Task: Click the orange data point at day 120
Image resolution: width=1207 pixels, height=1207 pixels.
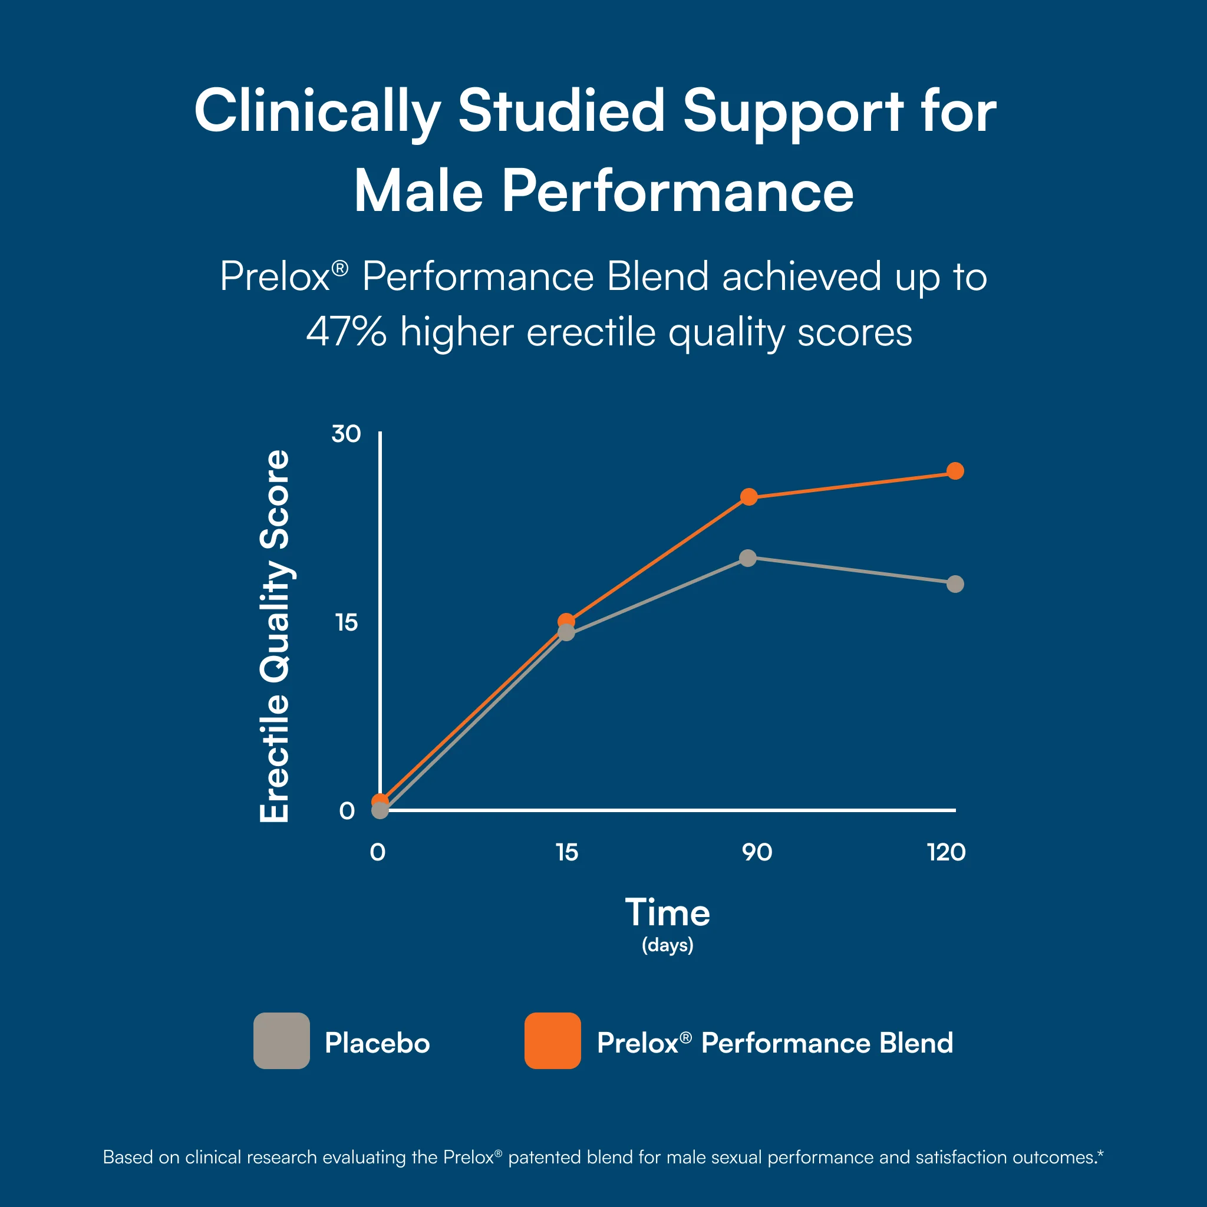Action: [955, 471]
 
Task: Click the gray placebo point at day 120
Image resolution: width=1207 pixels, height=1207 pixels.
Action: [955, 584]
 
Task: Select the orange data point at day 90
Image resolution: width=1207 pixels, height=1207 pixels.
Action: [749, 497]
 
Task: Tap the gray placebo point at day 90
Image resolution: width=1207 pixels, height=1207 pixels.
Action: [748, 558]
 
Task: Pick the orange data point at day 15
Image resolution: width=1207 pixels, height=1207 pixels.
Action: [566, 621]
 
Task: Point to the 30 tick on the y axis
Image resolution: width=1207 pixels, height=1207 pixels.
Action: [346, 434]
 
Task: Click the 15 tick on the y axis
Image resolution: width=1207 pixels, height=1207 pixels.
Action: [346, 622]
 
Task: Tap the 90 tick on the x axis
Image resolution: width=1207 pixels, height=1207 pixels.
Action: [757, 852]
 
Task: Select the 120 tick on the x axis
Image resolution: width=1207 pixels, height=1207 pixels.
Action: [947, 852]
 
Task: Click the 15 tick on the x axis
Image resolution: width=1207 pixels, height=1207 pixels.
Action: [566, 852]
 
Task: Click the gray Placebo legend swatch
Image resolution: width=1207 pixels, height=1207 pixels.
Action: [282, 1041]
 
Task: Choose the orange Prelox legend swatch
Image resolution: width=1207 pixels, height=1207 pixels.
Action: [553, 1041]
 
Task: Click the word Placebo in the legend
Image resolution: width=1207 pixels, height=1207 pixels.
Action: [377, 1043]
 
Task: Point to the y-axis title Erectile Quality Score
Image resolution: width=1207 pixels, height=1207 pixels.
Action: [275, 636]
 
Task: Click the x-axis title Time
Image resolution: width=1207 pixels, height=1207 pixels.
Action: [668, 912]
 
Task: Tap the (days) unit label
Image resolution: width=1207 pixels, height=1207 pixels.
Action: [668, 945]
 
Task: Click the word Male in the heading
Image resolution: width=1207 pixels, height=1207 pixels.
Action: [418, 192]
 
